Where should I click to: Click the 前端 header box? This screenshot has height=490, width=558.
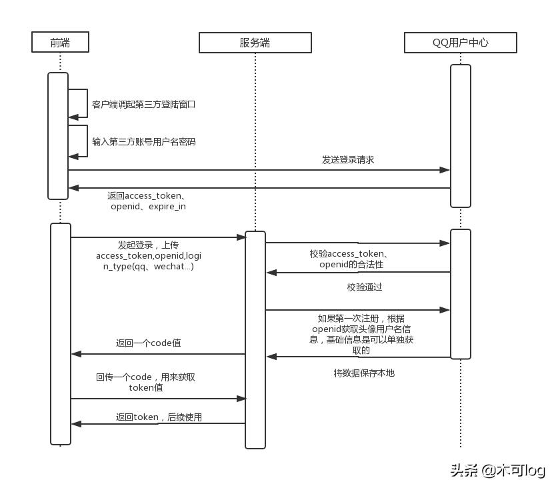60,43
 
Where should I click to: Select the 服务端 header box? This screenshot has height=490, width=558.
255,43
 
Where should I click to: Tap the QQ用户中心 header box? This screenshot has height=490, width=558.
460,43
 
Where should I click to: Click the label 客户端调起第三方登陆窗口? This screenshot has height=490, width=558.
143,105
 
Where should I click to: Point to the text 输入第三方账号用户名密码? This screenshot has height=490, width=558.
143,141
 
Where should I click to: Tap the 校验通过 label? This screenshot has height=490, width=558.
364,287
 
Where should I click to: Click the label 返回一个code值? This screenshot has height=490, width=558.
149,343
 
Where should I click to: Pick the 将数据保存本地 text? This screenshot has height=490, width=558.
363,373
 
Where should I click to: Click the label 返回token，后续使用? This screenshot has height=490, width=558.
159,417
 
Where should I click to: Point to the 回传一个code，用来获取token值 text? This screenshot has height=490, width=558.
145,382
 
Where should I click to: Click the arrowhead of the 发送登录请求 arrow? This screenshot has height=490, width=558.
445,170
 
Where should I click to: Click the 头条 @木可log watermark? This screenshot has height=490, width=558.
497,471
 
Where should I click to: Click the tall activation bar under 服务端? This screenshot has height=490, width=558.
255,339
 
